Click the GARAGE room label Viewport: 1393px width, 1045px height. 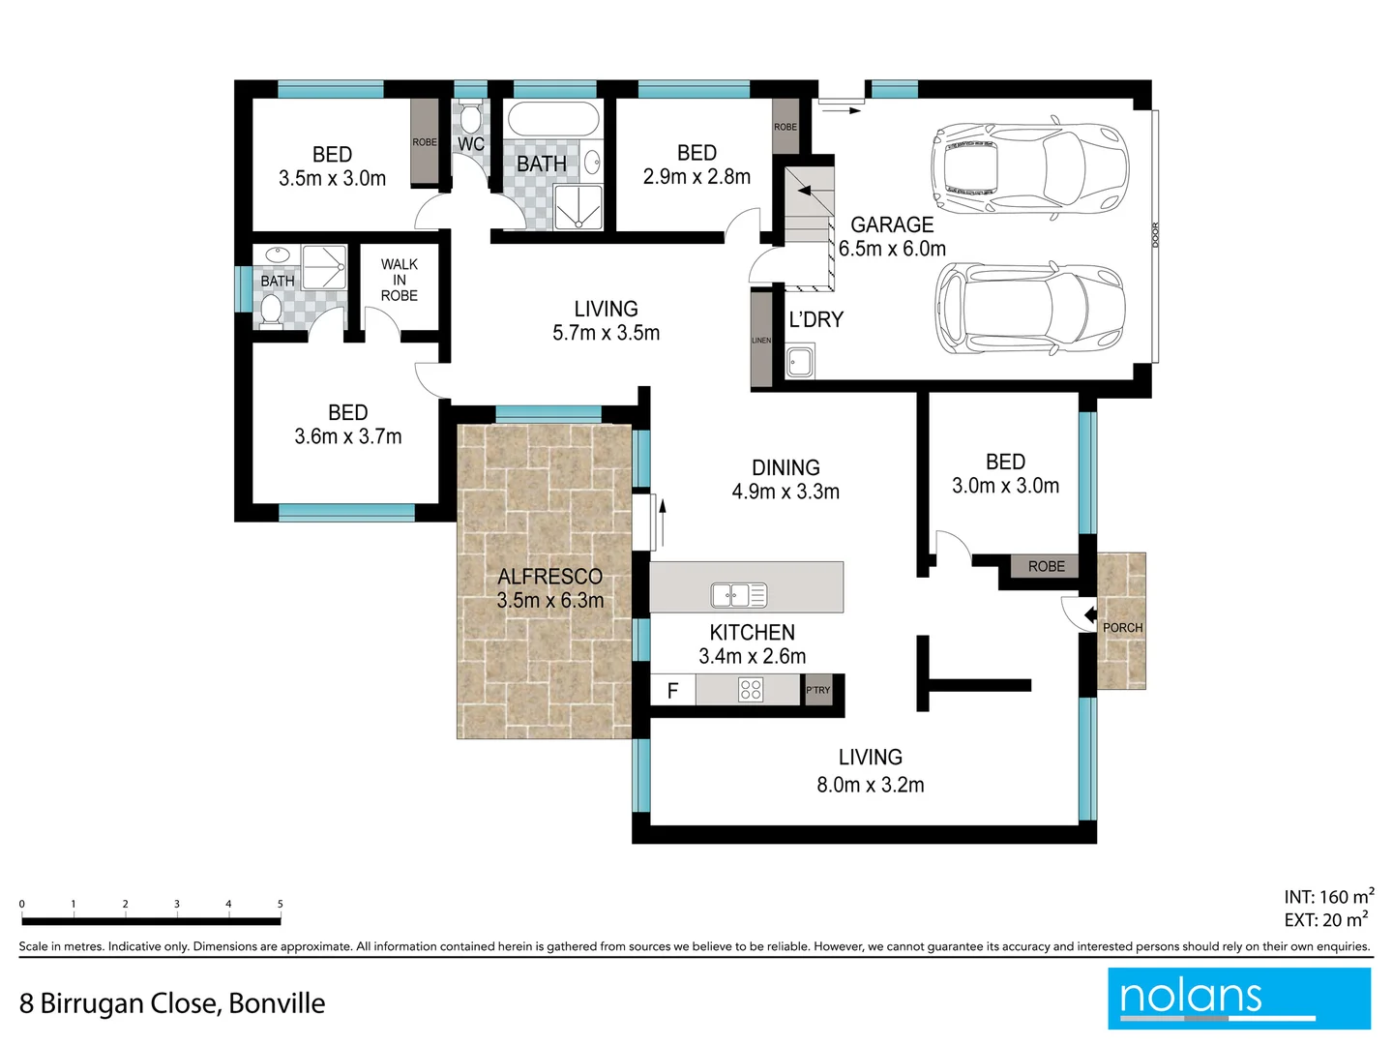click(x=892, y=224)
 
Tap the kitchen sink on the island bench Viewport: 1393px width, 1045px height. click(x=738, y=594)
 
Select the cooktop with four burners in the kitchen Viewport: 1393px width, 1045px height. click(x=751, y=689)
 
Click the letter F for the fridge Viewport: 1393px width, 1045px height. click(x=672, y=690)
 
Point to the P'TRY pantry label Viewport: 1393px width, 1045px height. click(x=818, y=690)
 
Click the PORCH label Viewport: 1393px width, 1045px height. click(x=1122, y=627)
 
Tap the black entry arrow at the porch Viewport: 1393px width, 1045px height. click(x=1090, y=614)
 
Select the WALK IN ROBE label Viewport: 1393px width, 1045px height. click(x=400, y=280)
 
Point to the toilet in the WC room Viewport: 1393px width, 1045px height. click(x=470, y=118)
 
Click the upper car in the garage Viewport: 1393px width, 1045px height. click(x=1027, y=170)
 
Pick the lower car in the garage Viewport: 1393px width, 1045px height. click(x=1029, y=308)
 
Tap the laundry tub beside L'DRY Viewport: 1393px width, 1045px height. click(x=800, y=364)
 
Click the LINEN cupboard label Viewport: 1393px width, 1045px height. click(x=761, y=341)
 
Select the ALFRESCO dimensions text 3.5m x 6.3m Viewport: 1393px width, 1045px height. click(x=550, y=600)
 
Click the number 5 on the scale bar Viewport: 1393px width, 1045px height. click(x=281, y=904)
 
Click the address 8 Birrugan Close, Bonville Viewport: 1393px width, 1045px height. click(x=172, y=1003)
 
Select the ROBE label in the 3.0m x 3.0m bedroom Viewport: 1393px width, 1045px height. click(x=1046, y=566)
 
